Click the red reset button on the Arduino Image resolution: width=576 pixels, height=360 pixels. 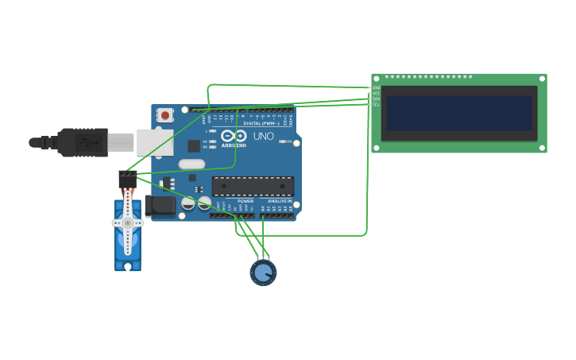click(x=164, y=115)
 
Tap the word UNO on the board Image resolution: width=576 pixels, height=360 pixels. click(x=263, y=137)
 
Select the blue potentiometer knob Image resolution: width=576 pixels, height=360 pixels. click(x=263, y=273)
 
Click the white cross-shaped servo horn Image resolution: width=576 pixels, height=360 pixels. click(x=127, y=223)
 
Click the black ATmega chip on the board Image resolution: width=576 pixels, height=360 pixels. click(x=253, y=187)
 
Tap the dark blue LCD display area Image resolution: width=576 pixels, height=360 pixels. click(x=458, y=114)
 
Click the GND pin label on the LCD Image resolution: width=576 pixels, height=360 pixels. click(x=377, y=87)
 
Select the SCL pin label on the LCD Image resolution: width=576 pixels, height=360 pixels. click(x=377, y=104)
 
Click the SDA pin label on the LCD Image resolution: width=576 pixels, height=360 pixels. click(x=377, y=99)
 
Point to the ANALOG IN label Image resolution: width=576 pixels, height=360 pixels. click(x=279, y=201)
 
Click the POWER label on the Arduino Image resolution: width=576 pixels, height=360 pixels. click(x=245, y=201)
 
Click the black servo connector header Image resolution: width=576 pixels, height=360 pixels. click(x=127, y=177)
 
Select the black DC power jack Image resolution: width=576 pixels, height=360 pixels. click(x=161, y=207)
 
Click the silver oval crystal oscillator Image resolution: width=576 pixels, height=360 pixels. click(x=191, y=165)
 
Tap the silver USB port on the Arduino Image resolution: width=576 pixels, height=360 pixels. click(x=153, y=142)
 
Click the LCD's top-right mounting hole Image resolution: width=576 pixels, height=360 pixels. click(x=542, y=79)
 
